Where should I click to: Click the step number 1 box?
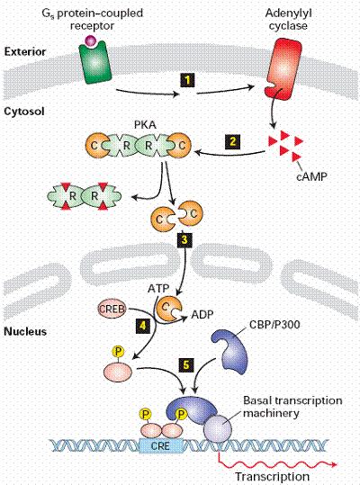tap(187, 80)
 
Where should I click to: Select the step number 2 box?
tap(233, 141)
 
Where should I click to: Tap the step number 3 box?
tap(184, 239)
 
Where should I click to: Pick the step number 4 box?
tap(143, 326)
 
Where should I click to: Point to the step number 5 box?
tap(186, 364)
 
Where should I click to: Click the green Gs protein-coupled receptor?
tap(94, 62)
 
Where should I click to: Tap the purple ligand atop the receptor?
tap(91, 40)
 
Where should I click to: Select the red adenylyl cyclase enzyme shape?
tap(283, 68)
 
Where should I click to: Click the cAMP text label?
tap(311, 176)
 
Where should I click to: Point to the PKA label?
tap(145, 125)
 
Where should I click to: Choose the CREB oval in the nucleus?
tap(112, 308)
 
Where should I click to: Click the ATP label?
tap(158, 288)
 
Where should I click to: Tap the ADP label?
tap(202, 314)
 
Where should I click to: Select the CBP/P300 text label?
tap(274, 325)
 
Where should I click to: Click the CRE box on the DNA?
tap(160, 445)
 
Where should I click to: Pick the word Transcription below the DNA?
tap(272, 476)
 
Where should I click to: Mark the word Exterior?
tap(25, 51)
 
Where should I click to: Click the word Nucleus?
tap(25, 331)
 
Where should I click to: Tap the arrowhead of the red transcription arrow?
tap(333, 464)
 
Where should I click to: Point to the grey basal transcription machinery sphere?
tap(218, 427)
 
